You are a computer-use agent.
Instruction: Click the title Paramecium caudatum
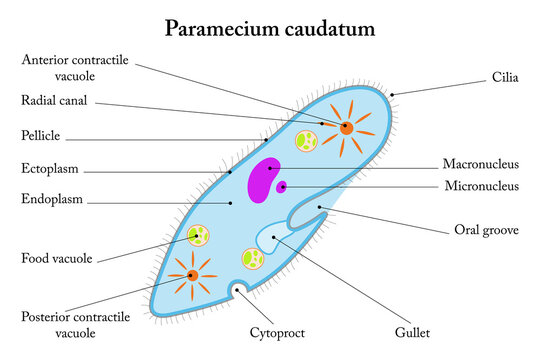[270, 28]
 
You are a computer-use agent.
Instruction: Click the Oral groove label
[486, 230]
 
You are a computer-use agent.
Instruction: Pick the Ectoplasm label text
[50, 168]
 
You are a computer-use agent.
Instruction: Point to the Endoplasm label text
[52, 199]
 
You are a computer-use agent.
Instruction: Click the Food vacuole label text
[57, 258]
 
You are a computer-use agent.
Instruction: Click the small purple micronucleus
[283, 186]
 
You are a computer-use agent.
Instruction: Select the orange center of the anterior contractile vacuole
[345, 128]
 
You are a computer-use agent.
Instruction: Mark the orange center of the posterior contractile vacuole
[191, 273]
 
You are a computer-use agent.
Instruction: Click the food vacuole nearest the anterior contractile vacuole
[305, 141]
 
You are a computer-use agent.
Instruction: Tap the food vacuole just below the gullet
[253, 259]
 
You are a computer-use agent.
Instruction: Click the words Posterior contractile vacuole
[61, 325]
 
